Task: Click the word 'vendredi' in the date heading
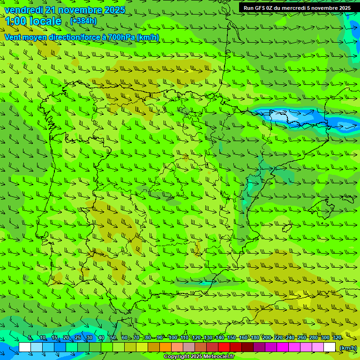point(22,10)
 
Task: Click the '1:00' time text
point(15,22)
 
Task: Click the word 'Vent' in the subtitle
point(13,37)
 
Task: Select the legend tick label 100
point(172,337)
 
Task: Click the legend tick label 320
point(337,337)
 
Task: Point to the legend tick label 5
point(30,337)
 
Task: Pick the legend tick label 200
point(266,337)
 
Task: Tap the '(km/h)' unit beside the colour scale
point(348,348)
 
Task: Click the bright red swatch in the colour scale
point(224,347)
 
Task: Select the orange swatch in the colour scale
point(165,347)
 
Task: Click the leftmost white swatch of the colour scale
point(25,347)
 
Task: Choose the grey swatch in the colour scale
point(189,347)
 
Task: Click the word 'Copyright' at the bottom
point(177,357)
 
